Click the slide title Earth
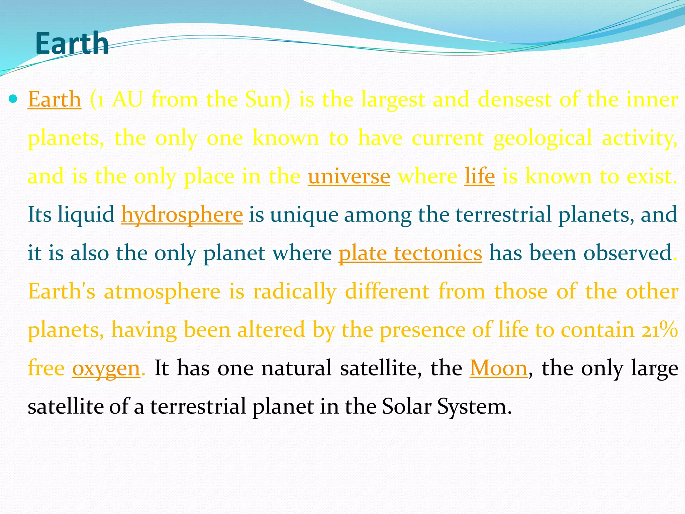72,44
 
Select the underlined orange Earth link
55,99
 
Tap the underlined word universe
349,176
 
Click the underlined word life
479,176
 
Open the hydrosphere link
182,215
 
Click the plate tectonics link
410,253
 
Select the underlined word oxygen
106,368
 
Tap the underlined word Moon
498,368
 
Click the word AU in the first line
127,99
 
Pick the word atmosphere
162,291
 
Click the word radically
295,291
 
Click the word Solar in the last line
406,407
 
